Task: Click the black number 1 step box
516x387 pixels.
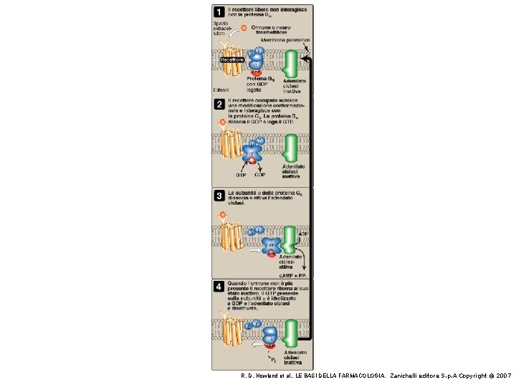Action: tap(217, 11)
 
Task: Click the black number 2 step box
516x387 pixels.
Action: tap(217, 105)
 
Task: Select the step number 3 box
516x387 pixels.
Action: tap(217, 195)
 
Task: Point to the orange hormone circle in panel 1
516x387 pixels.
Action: tap(244, 28)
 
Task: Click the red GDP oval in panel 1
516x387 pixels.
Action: tap(255, 72)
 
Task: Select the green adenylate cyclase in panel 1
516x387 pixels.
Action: tap(290, 64)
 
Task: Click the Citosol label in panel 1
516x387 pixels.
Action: tap(221, 90)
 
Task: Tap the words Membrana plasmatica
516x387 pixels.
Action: tap(285, 40)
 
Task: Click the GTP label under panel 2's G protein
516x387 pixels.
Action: tap(241, 174)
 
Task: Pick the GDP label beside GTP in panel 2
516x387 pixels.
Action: tap(260, 174)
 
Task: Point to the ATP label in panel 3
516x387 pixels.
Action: tap(303, 234)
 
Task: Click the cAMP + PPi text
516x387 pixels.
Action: tap(292, 275)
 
